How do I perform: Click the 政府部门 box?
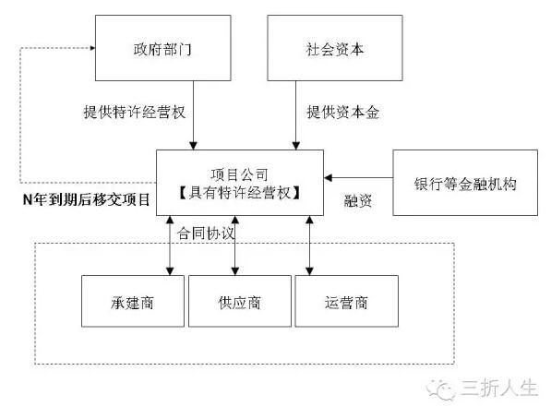(x=163, y=48)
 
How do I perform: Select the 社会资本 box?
(x=335, y=48)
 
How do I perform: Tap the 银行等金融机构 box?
(x=465, y=183)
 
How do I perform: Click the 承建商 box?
(x=133, y=301)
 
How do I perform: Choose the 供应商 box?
(x=240, y=301)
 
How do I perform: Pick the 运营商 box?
(x=346, y=301)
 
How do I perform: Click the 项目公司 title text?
(x=240, y=174)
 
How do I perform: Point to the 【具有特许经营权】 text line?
(x=240, y=193)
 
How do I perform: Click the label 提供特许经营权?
(x=135, y=112)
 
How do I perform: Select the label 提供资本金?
(x=343, y=112)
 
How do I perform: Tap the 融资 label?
(x=358, y=200)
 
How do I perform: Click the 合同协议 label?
(x=206, y=233)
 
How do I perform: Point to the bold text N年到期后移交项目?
(x=87, y=199)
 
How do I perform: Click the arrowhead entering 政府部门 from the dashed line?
(x=93, y=48)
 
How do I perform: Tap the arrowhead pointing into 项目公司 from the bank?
(x=328, y=178)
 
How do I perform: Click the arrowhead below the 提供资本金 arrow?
(x=296, y=146)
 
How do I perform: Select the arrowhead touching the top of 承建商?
(x=170, y=271)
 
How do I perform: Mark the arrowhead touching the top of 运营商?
(x=309, y=271)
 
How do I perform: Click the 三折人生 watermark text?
(x=499, y=389)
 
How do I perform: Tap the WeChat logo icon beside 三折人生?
(x=441, y=389)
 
